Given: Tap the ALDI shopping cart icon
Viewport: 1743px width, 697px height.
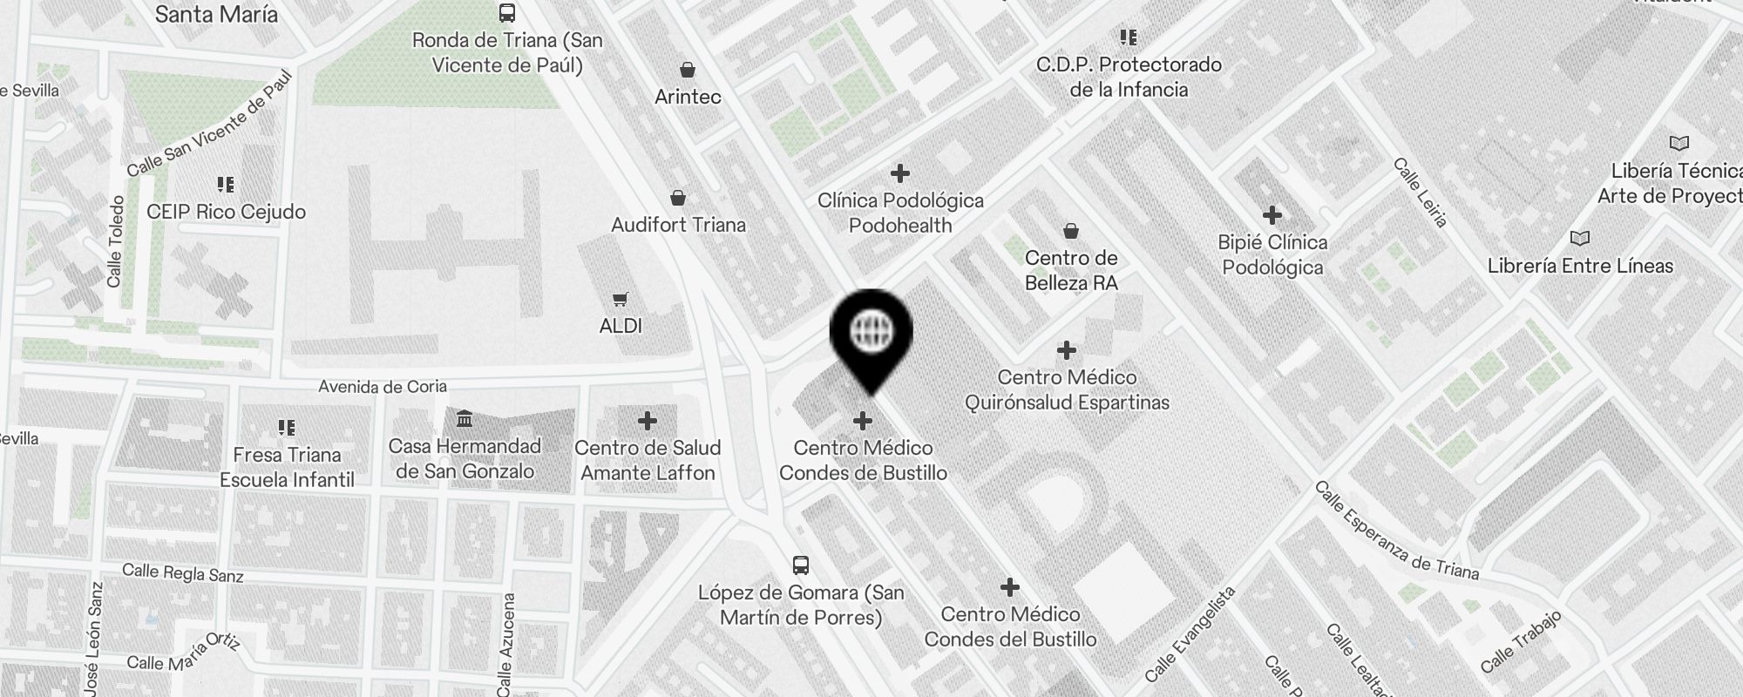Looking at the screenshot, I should coord(620,300).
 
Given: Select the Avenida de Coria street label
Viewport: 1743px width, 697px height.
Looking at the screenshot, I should coord(383,386).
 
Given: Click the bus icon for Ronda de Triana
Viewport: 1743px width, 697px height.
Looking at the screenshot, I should coord(506,13).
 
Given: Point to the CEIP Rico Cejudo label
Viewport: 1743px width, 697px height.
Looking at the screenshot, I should coord(226,212).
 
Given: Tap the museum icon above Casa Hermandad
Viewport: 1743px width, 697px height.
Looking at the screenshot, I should coord(465,420).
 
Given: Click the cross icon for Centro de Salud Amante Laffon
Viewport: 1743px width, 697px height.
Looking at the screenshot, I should coord(647,421).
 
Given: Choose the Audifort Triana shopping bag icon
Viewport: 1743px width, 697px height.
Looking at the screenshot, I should coord(678,199).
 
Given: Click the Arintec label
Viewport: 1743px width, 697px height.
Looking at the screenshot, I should coord(688,97).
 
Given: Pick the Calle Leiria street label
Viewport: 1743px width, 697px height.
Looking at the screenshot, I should coord(1421,193).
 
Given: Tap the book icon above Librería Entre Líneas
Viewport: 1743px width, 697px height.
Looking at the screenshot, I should coord(1579,238).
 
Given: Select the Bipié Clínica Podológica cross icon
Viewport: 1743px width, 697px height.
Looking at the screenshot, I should coord(1272,214).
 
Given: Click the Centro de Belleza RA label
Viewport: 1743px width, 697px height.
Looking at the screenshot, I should coord(1071,270).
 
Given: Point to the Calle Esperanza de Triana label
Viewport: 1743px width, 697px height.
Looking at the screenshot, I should coord(1396,530).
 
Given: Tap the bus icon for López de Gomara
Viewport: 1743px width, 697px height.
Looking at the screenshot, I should coord(801,565).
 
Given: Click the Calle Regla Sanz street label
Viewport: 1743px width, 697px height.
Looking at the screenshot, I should coord(183,572).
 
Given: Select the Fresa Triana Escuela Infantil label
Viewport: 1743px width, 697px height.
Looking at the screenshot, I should coord(287,467).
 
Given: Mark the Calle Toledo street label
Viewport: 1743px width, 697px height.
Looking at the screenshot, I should coord(115,241).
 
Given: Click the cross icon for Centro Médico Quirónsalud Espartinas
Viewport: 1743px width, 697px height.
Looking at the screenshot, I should coord(1066,350).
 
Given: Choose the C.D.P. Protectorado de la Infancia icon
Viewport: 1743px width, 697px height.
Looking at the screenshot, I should coord(1129,37).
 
